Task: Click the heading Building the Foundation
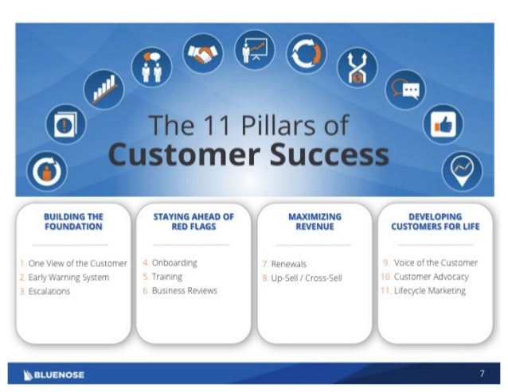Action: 73,221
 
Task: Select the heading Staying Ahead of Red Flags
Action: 193,221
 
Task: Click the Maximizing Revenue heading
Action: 315,221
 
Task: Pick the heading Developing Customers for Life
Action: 435,221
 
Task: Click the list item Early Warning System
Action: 68,278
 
